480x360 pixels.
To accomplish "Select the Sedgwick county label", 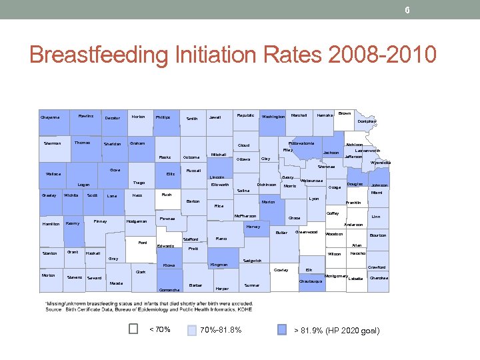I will click(253, 261).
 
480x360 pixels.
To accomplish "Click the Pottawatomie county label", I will click(302, 143).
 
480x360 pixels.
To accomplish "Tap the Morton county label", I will click(49, 275).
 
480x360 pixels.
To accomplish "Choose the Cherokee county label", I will click(379, 277).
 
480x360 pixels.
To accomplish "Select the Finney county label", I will click(101, 221).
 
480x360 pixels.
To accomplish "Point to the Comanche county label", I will click(170, 290).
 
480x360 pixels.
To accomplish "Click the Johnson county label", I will click(380, 185).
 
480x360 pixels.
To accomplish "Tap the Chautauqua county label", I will click(311, 281).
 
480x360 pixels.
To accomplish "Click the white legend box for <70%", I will click(133, 329).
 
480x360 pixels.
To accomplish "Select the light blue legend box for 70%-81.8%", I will click(192, 329).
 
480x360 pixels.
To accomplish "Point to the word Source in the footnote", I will click(55, 309).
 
